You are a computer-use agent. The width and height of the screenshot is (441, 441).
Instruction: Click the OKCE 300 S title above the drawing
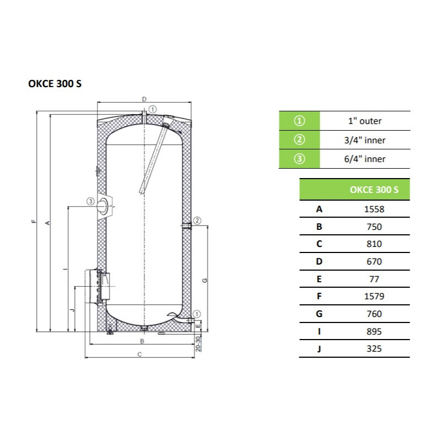55,84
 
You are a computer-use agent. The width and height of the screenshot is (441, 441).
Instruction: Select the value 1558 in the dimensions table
374,209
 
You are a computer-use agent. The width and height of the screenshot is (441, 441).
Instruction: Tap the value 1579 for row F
374,296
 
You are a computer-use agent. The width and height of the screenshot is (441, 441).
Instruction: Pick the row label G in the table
319,314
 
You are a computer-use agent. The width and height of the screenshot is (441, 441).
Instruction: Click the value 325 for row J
374,349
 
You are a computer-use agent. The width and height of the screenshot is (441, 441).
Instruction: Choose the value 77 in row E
374,279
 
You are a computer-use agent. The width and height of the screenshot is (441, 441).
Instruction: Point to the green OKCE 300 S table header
354,189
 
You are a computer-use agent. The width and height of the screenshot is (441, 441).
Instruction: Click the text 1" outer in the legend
365,121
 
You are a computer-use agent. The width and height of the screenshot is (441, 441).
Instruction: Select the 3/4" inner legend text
365,140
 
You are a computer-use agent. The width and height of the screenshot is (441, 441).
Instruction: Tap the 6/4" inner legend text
365,159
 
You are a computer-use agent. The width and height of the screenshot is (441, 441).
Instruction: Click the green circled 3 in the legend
299,159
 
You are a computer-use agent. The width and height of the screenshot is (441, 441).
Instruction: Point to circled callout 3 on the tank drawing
90,201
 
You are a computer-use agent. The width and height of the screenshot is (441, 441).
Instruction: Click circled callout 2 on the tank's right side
197,220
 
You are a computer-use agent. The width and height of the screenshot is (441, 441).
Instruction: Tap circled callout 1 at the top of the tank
153,109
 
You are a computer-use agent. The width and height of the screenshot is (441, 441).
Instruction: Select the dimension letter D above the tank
144,99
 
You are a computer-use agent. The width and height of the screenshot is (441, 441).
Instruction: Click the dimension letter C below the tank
140,354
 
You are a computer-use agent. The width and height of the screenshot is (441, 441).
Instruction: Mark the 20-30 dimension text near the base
198,343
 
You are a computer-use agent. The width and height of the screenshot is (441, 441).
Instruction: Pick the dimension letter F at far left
34,222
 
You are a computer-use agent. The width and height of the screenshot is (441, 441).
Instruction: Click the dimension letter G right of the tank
205,281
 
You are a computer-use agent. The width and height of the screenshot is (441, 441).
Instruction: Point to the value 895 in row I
374,332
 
